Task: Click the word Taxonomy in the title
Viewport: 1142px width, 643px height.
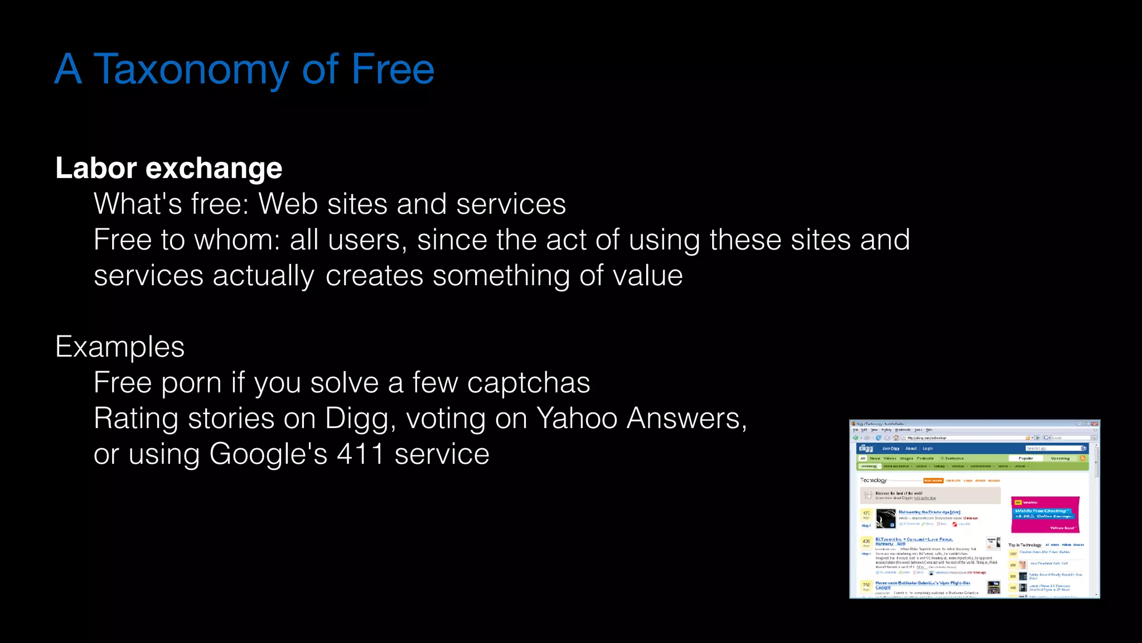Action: [x=191, y=69]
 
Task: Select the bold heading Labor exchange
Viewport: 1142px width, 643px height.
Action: [x=169, y=168]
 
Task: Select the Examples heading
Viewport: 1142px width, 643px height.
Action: [x=120, y=347]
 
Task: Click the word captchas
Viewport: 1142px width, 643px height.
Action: [x=528, y=383]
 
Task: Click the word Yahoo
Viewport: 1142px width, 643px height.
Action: [x=577, y=419]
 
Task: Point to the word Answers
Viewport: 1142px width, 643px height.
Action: [x=686, y=419]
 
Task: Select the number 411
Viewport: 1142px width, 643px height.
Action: [x=360, y=454]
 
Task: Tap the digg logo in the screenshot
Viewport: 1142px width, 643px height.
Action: [x=865, y=448]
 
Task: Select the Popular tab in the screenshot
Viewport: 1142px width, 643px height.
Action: [x=1025, y=458]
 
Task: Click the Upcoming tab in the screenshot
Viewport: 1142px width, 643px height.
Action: [x=1060, y=458]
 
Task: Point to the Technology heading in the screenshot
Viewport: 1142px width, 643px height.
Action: [x=873, y=480]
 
